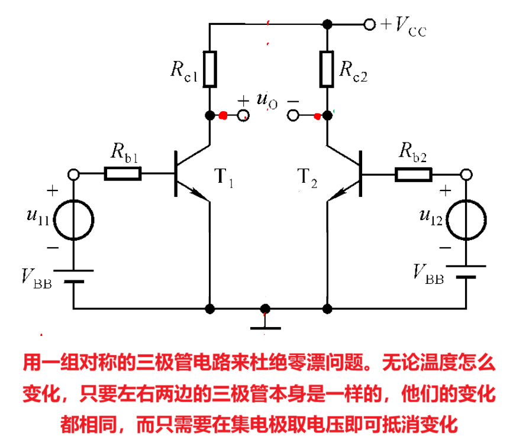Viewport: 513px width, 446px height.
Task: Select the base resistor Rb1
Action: (x=123, y=174)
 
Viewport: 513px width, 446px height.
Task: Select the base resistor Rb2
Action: (x=414, y=174)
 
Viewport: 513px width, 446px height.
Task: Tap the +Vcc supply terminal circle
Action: (x=369, y=24)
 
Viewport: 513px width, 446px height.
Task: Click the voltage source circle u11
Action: (x=74, y=218)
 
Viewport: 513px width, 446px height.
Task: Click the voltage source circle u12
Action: (x=466, y=218)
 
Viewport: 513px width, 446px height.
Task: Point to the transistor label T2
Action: (x=307, y=177)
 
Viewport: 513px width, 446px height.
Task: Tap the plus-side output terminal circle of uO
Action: (x=243, y=115)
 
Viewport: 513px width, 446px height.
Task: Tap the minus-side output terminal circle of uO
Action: (x=293, y=115)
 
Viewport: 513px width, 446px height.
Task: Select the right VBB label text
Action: (x=428, y=275)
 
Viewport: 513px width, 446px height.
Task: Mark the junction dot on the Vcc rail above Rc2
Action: (x=327, y=24)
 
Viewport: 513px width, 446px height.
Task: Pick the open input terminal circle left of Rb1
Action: (x=74, y=174)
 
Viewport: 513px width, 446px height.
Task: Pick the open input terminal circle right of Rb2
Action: (x=466, y=174)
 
